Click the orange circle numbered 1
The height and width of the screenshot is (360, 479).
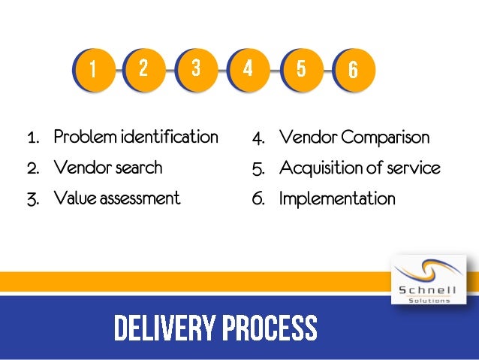coord(93,70)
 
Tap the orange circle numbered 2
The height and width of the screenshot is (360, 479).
coord(144,68)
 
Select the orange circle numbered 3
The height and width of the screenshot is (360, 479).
coord(196,68)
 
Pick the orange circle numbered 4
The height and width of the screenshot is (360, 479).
coord(248,68)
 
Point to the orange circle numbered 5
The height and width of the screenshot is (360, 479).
coord(300,70)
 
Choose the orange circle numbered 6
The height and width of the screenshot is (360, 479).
coord(352,70)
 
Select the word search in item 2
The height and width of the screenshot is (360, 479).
coord(137,168)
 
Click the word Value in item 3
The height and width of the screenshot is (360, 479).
coord(74,198)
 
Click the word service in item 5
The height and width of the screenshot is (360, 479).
coord(414,168)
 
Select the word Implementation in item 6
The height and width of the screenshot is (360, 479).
coord(337,199)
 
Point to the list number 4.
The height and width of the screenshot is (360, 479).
coord(258,139)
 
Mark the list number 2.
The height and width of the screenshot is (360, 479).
coord(32,168)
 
